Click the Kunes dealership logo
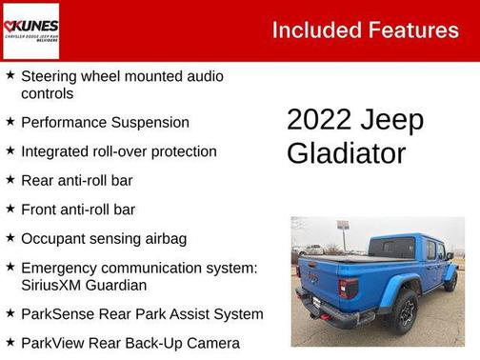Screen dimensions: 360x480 point(31,30)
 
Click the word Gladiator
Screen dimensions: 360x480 point(346,153)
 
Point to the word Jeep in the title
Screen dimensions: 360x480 point(392,120)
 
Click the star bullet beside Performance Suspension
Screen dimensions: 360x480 point(10,122)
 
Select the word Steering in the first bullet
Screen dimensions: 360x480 point(50,75)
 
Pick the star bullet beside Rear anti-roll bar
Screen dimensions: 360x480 point(10,179)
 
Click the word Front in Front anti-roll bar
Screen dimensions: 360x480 point(40,210)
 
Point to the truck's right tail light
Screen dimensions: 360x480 point(349,288)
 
